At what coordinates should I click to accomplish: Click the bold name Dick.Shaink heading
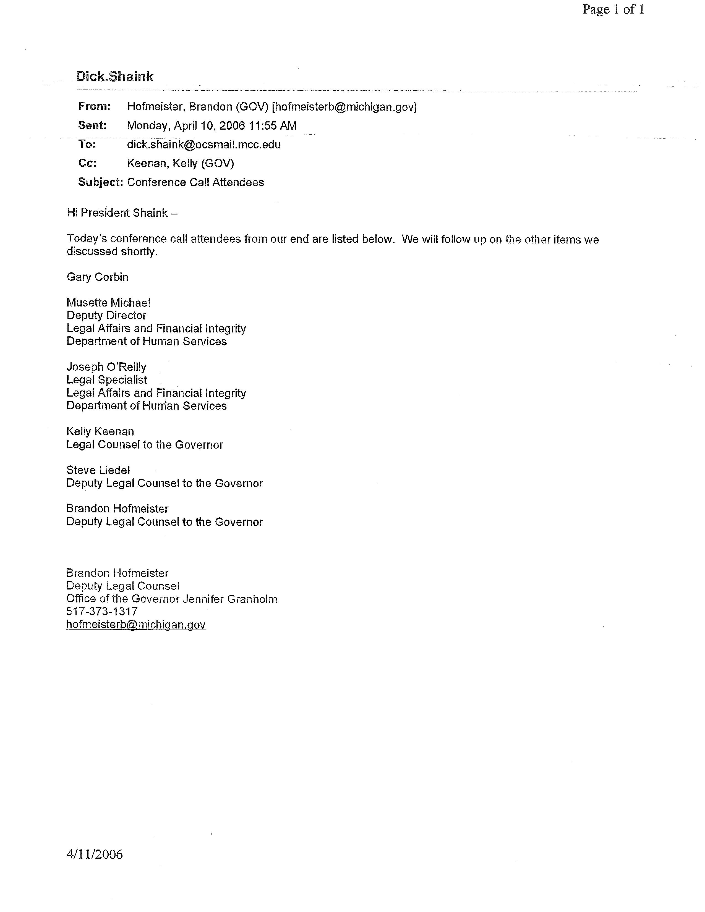pos(114,77)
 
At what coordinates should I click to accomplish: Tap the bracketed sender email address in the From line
pos(344,107)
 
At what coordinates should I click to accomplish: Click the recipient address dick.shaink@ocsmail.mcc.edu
pos(204,145)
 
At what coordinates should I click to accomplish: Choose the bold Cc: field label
pos(87,163)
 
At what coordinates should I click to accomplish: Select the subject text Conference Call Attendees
pos(195,182)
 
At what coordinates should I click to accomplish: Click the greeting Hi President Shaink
pos(122,213)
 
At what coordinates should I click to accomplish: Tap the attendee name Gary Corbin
pos(97,277)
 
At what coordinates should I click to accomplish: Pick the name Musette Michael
pos(108,303)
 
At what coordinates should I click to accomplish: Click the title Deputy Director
pos(106,316)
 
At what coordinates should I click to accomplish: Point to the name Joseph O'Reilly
pos(106,367)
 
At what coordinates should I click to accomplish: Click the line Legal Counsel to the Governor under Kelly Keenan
pos(145,445)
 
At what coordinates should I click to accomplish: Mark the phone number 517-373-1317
pos(102,612)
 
